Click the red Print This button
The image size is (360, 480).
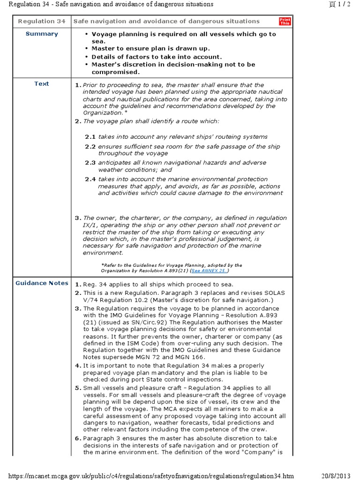click(x=285, y=21)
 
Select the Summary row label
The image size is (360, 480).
click(x=42, y=34)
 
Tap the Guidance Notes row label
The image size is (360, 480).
click(x=42, y=283)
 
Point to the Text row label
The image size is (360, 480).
click(x=42, y=84)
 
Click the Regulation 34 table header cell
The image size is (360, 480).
click(x=42, y=21)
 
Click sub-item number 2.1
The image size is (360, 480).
click(x=90, y=137)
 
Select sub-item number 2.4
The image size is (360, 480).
click(x=90, y=179)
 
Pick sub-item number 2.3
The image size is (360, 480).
click(x=90, y=163)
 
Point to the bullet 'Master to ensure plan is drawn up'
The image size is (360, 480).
click(x=150, y=48)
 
